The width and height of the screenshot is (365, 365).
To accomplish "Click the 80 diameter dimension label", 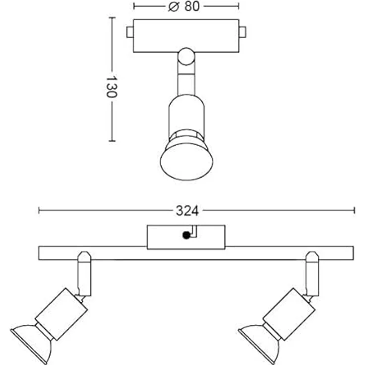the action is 192,6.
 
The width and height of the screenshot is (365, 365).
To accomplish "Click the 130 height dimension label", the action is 112,86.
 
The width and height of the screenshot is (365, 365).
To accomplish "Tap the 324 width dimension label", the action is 187,211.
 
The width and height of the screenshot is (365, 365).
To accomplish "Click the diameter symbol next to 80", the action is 174,6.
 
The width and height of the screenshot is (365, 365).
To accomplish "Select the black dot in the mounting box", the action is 186,236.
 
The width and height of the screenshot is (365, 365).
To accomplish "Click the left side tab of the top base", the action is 130,32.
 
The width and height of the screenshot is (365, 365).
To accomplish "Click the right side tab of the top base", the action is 243,32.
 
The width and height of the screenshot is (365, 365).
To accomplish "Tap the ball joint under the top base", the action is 186,57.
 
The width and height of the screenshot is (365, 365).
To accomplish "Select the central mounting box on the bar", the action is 186,237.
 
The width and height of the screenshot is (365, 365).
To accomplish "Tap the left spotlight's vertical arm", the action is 84,274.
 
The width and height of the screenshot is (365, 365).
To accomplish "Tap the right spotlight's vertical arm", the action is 312,274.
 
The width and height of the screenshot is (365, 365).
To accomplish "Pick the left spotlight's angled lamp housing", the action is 61,314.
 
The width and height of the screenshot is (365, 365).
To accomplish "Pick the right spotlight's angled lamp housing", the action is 289,314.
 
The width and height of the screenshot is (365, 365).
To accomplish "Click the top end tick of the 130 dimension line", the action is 112,18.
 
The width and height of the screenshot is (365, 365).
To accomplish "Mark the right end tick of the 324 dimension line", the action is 354,210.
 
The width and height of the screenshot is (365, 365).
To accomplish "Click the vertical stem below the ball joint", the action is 186,80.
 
